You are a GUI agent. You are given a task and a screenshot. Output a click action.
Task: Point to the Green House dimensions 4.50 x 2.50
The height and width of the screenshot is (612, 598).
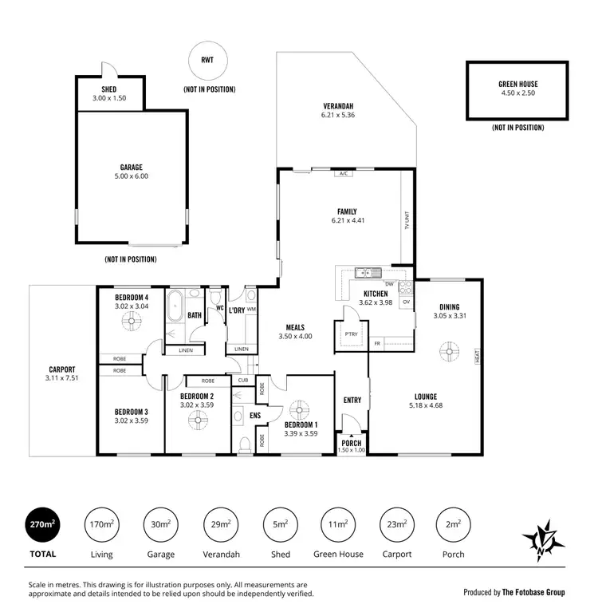pyautogui.click(x=517, y=93)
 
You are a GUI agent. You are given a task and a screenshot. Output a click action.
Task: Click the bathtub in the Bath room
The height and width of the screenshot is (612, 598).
pyautogui.click(x=175, y=306)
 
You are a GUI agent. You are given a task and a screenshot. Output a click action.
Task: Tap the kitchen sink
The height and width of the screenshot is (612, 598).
pyautogui.click(x=366, y=273)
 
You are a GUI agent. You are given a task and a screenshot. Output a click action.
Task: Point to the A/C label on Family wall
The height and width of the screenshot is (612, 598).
pyautogui.click(x=344, y=172)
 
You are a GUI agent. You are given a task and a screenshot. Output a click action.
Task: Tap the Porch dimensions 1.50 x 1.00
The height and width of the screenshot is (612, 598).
pyautogui.click(x=352, y=450)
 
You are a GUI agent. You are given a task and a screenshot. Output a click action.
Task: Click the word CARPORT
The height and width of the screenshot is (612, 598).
pyautogui.click(x=61, y=369)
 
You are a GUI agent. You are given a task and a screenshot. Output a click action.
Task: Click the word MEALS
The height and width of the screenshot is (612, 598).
pyautogui.click(x=296, y=326)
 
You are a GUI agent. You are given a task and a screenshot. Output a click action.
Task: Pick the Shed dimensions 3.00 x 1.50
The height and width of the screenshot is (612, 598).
pyautogui.click(x=109, y=98)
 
